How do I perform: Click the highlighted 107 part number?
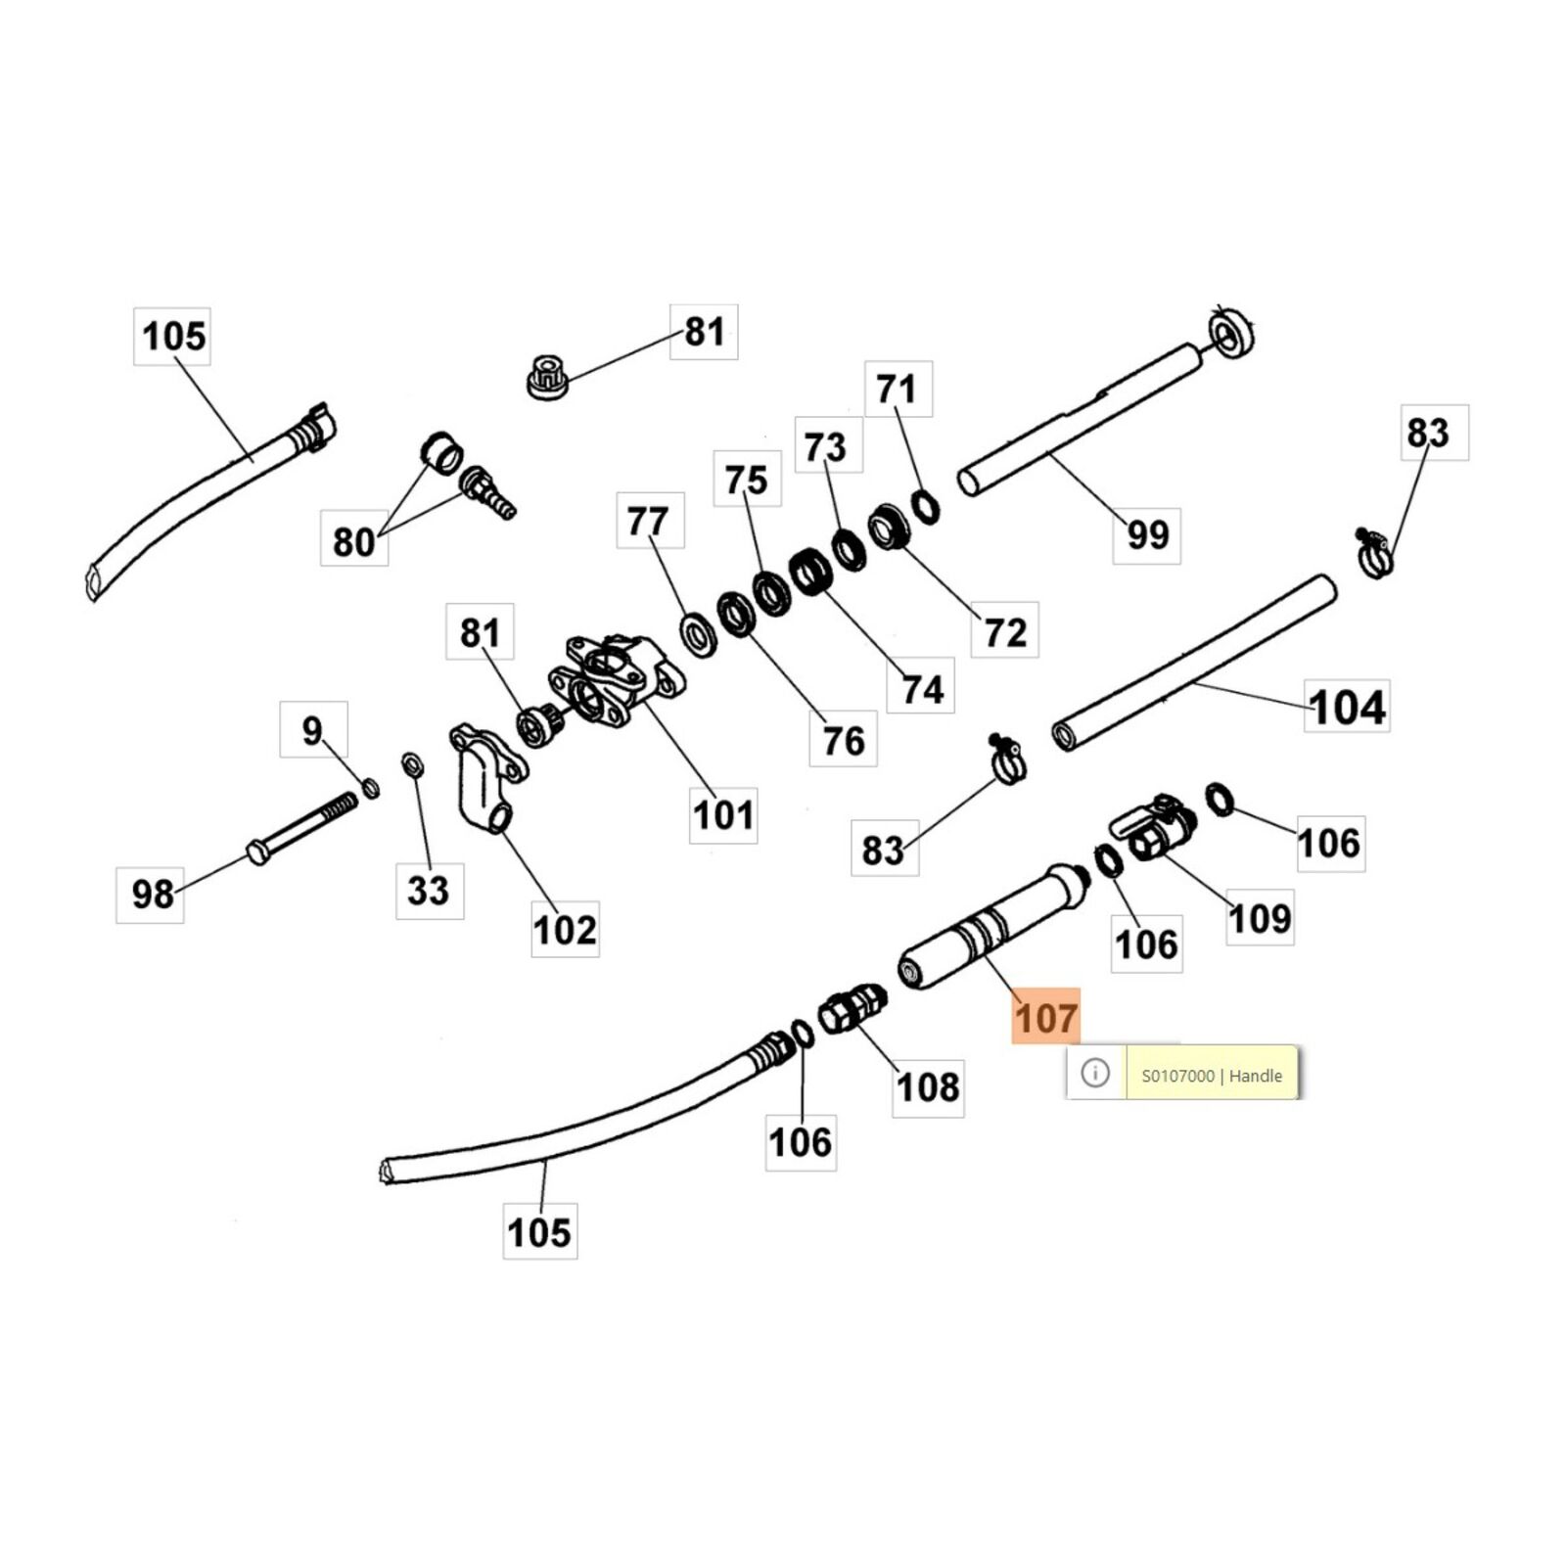pyautogui.click(x=1045, y=1017)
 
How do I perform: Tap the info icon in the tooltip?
pyautogui.click(x=1095, y=1073)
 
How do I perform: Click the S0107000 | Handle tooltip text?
pyautogui.click(x=1212, y=1075)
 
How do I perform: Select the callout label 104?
pyautogui.click(x=1347, y=707)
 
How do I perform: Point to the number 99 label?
pyautogui.click(x=1147, y=534)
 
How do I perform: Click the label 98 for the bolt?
pyautogui.click(x=152, y=893)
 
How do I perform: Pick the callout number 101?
pyautogui.click(x=723, y=813)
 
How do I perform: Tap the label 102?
pyautogui.click(x=565, y=929)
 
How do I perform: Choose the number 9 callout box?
pyautogui.click(x=312, y=730)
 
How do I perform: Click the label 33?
pyautogui.click(x=429, y=890)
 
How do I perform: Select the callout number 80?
pyautogui.click(x=353, y=541)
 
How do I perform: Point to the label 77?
pyautogui.click(x=649, y=522)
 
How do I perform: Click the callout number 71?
pyautogui.click(x=897, y=390)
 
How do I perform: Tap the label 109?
pyautogui.click(x=1260, y=918)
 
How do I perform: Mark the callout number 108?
pyautogui.click(x=928, y=1086)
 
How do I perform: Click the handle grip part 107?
pyautogui.click(x=989, y=925)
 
